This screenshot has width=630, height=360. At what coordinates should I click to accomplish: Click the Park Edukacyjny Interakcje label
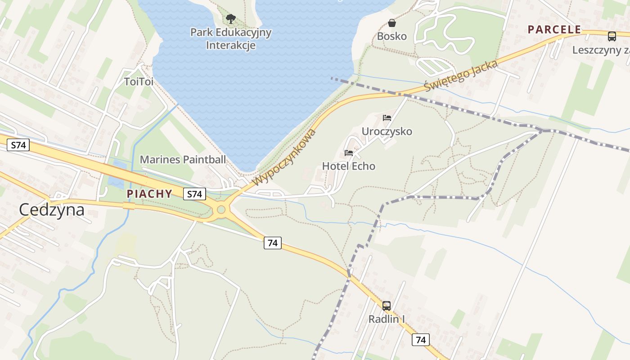tap(231, 39)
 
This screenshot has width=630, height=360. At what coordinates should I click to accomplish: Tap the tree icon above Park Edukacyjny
tap(231, 18)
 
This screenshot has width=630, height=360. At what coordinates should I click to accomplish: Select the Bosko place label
tap(391, 36)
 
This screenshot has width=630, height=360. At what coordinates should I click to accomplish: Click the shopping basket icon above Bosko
tap(392, 22)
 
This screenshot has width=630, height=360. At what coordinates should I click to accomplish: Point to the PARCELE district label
tap(554, 30)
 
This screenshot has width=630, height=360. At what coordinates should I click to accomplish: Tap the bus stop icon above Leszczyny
tap(612, 36)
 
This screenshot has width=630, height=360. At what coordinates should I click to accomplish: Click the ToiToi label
tap(139, 81)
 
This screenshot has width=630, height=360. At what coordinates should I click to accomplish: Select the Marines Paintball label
tap(183, 159)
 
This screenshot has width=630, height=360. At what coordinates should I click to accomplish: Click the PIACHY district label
tap(149, 194)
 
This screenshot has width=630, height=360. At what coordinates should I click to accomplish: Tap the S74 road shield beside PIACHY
tap(194, 194)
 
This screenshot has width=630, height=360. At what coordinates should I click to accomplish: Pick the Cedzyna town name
tap(52, 210)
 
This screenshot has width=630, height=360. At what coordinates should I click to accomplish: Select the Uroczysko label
tap(387, 131)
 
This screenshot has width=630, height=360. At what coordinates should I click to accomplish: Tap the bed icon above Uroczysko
tap(387, 118)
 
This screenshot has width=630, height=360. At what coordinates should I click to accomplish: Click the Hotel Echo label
tap(348, 166)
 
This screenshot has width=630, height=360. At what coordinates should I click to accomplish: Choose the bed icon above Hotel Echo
tap(349, 153)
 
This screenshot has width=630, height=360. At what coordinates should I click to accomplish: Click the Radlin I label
tap(387, 319)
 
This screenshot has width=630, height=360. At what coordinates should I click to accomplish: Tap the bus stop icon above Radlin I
tap(387, 306)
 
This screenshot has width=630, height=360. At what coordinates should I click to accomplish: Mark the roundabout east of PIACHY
tap(221, 209)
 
